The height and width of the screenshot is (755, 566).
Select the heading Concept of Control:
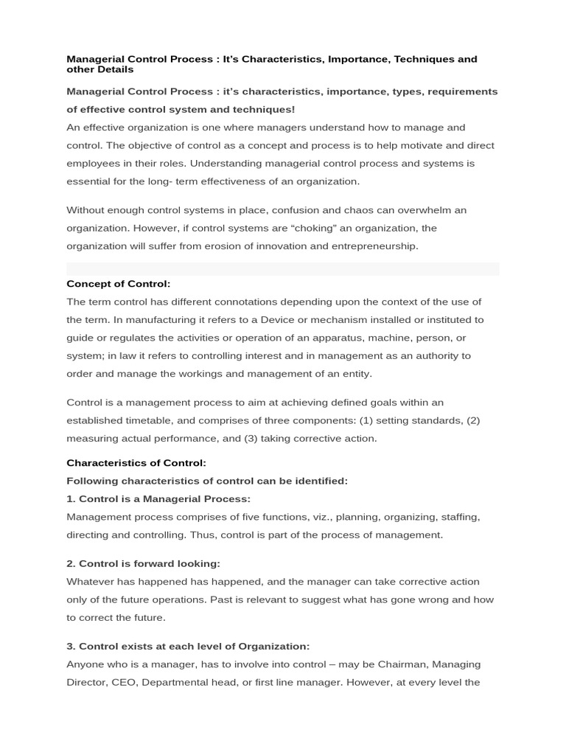pos(119,284)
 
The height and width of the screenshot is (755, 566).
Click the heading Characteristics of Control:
pos(136,463)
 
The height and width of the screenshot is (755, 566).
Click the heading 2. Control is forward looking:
pos(144,563)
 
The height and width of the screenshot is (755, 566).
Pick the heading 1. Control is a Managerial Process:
pos(158,499)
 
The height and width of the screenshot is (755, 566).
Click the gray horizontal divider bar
pos(283,269)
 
